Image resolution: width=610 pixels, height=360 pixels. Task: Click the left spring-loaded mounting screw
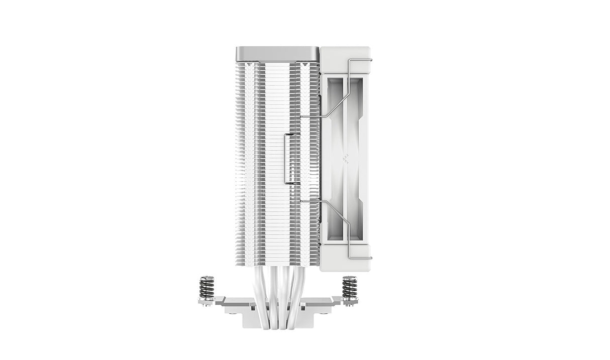[207, 288]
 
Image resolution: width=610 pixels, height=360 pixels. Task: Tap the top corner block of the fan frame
[345, 60]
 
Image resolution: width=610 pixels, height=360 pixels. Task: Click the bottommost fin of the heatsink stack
[277, 263]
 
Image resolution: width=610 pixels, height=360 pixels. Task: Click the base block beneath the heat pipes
[277, 319]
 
